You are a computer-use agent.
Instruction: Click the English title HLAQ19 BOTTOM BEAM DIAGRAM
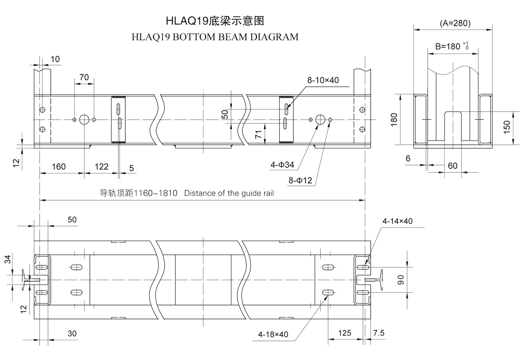[x=215, y=37]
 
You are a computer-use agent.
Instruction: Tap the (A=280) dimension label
[x=455, y=23]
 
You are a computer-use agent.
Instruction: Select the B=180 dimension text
[x=448, y=46]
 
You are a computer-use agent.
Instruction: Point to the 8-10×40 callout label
[x=323, y=80]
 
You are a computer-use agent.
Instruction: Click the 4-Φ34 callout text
[x=282, y=165]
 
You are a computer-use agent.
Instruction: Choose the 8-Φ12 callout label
[x=300, y=180]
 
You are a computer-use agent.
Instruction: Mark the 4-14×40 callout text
[x=397, y=221]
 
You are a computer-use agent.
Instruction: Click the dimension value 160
[x=58, y=167]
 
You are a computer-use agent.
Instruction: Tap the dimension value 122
[x=101, y=167]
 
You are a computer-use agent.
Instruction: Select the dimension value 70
[x=84, y=77]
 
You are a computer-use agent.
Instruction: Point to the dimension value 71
[x=258, y=134]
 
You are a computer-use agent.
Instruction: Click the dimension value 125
[x=345, y=333]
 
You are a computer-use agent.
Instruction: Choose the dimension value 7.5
[x=379, y=333]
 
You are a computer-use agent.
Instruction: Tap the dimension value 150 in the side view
[x=507, y=127]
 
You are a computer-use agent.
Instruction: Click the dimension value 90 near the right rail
[x=401, y=280]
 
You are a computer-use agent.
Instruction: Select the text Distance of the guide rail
[x=229, y=193]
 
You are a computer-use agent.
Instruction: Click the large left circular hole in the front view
[x=84, y=119]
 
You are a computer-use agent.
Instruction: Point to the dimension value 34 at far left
[x=8, y=259]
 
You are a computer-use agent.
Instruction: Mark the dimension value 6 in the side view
[x=408, y=159]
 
